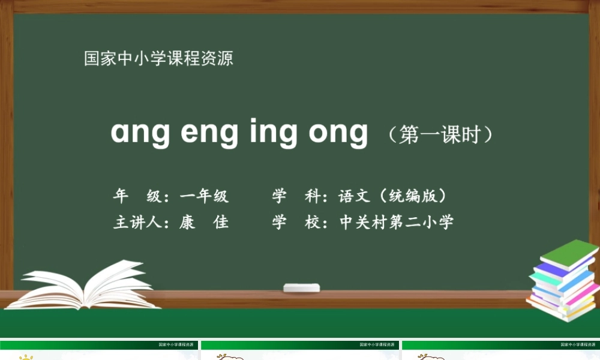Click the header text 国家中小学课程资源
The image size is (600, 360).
(158, 59)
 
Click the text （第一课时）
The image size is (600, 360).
(440, 134)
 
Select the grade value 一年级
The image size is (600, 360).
(204, 196)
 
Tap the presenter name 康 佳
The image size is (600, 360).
(204, 223)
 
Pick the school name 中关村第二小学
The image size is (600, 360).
(397, 223)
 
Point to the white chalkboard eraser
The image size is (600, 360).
(302, 287)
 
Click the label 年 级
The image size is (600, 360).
(137, 196)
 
